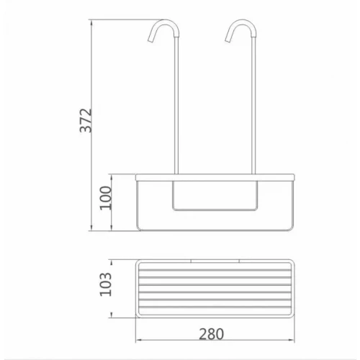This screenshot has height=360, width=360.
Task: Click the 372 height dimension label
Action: click(86, 120)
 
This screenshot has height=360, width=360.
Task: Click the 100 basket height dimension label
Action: click(106, 198)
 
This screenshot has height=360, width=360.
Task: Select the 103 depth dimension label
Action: click(106, 284)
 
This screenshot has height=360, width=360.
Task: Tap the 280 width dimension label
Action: click(212, 334)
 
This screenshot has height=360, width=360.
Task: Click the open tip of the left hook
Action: click(150, 41)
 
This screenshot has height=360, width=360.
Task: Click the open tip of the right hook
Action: click(228, 41)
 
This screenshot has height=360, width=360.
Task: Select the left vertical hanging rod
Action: click(176, 106)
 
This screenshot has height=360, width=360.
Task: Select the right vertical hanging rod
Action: click(253, 106)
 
